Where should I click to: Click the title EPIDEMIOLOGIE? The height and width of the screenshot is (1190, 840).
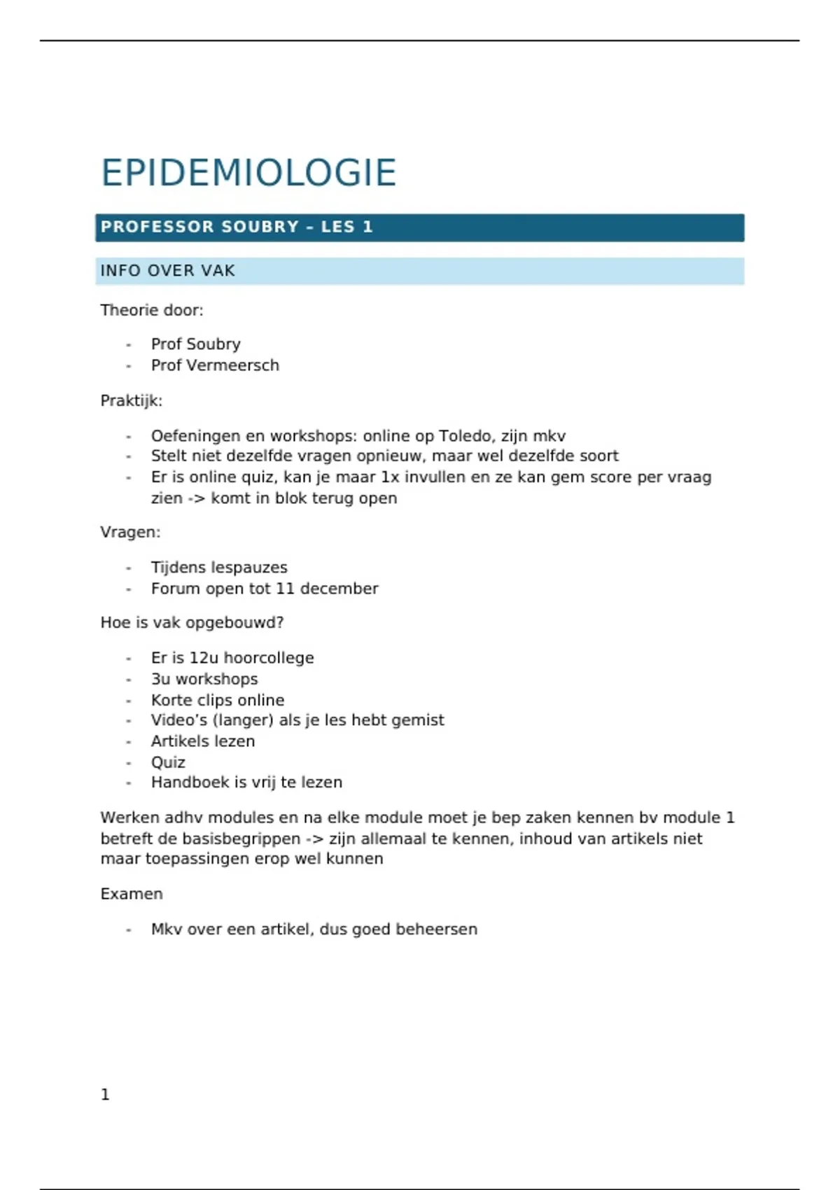pos(248,173)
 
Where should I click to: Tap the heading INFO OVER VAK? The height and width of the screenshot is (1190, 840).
pos(167,271)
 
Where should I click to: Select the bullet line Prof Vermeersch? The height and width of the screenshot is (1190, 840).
pos(215,365)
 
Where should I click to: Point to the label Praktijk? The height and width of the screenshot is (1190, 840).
pos(131,401)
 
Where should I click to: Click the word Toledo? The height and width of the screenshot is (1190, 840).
pos(465,436)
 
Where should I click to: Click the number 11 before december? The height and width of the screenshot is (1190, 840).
pos(285,589)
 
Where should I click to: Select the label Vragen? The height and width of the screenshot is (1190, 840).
pos(130,532)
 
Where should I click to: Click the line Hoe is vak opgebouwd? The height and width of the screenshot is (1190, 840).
pos(192,622)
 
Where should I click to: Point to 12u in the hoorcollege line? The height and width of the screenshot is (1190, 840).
pos(204,658)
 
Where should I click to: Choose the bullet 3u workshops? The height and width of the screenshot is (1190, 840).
pos(204,679)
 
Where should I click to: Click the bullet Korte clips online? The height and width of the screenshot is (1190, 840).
pos(218,700)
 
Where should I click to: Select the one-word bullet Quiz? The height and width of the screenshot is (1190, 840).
pos(168,762)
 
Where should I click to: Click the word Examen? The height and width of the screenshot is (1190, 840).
pos(132,894)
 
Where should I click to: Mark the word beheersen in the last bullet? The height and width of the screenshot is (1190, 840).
pos(436,929)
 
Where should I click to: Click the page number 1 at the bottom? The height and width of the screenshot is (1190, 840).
pos(105,1095)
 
